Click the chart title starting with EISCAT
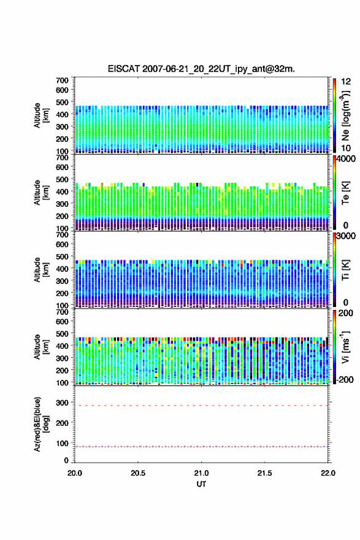[201, 69]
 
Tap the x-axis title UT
[201, 484]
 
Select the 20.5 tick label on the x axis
[138, 473]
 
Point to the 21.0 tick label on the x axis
[201, 473]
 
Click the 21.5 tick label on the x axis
[265, 473]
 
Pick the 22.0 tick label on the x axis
[328, 473]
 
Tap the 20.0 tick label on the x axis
[75, 473]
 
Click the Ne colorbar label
[345, 115]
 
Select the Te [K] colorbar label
[345, 193]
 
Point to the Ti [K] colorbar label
[345, 270]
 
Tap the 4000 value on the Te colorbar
[345, 159]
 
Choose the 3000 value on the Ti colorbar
[345, 236]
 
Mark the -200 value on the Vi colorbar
[344, 379]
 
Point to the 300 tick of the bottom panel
[63, 403]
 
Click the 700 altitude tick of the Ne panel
[63, 80]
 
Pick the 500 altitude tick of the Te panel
[63, 179]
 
